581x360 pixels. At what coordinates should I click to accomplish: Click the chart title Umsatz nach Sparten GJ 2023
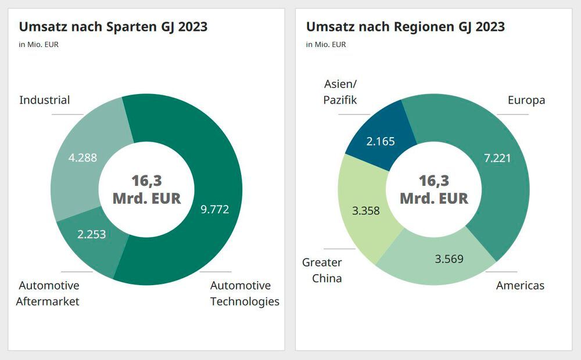pos(113,27)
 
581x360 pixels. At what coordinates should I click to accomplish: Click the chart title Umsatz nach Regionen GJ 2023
pos(405,27)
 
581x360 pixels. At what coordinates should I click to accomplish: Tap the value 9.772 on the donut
pos(214,209)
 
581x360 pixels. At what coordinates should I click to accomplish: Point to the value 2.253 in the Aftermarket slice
pos(92,235)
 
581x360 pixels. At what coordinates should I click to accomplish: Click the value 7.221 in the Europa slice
pos(497,157)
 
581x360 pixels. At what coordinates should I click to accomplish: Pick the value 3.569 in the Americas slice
pos(449,258)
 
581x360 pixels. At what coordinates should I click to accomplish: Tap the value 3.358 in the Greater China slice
pos(365,210)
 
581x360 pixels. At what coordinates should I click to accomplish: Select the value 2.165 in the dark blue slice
pos(381,141)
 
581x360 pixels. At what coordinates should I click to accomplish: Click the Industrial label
pos(45,100)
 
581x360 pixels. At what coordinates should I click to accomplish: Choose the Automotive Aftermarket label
pos(48,293)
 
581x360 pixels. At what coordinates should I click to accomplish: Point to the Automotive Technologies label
pos(244,293)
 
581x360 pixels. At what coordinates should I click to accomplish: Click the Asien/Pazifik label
pos(340,92)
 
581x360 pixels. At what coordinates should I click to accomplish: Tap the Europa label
pos(526,100)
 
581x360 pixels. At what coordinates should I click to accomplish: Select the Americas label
pos(520,285)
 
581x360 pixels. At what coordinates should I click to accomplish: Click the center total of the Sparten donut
pos(146,189)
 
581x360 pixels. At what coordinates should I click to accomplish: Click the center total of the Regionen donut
pos(433,189)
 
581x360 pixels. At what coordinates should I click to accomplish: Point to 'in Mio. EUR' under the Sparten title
pos(39,45)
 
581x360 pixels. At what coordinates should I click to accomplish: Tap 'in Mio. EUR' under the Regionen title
pos(326,45)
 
